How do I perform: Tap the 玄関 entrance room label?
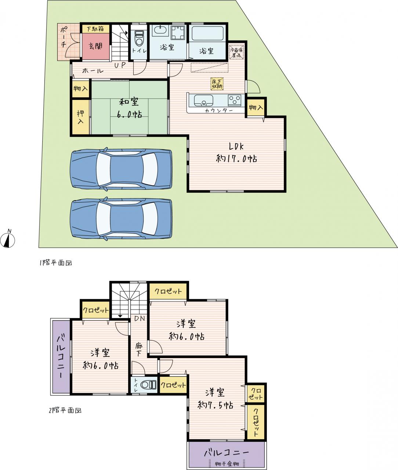95,46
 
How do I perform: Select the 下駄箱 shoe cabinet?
95,29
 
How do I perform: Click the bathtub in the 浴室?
207,33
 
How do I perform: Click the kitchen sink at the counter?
203,100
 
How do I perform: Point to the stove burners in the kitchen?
235,100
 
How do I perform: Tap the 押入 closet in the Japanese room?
81,117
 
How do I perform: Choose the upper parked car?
121,169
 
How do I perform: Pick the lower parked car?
121,219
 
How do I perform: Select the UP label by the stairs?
120,65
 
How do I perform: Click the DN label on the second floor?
140,318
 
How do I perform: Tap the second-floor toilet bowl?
148,385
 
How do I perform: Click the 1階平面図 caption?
56,263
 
